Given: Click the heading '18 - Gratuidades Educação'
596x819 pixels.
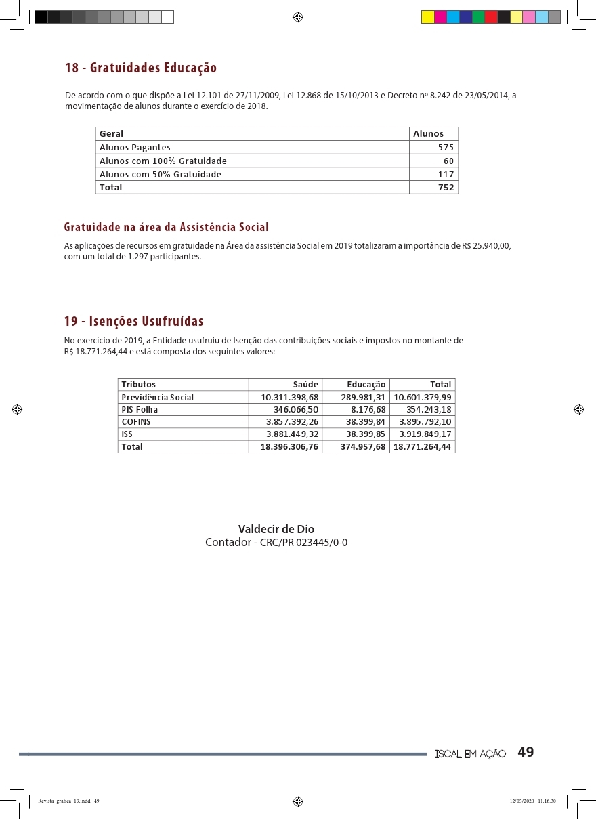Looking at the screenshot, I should click(141, 68).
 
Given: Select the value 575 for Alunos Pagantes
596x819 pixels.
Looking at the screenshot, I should click(446, 148).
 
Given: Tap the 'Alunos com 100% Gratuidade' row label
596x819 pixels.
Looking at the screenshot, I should click(163, 161).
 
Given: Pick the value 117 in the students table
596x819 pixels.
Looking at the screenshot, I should click(446, 175).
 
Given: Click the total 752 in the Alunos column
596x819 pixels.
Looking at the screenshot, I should click(446, 188).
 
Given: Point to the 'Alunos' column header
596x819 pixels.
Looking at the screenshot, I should click(429, 134).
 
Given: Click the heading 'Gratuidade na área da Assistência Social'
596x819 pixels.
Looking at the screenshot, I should click(167, 227).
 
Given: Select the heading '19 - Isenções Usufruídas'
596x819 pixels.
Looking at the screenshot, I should click(134, 321).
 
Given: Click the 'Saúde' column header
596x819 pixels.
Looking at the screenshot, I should click(305, 385).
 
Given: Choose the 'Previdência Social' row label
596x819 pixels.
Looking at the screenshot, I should click(157, 398).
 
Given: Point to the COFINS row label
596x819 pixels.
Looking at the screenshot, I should click(136, 422).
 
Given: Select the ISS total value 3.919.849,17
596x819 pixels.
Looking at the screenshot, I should click(425, 434).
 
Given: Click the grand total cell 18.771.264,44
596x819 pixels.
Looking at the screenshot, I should click(423, 447).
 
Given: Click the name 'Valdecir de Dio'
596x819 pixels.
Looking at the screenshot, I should click(276, 529).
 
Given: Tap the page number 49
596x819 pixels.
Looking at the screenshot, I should click(526, 753).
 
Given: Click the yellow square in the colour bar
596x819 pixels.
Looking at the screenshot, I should click(427, 17).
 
